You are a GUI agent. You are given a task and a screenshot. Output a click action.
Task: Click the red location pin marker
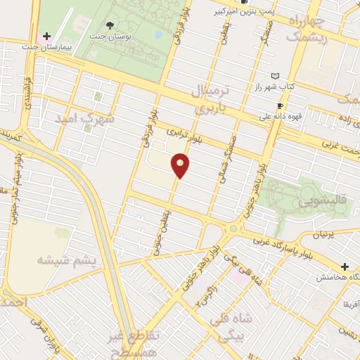pyautogui.click(x=181, y=165)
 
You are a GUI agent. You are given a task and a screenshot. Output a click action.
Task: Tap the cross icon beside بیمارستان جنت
pyautogui.click(x=47, y=36)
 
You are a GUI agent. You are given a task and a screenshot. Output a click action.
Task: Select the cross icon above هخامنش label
pyautogui.click(x=345, y=266)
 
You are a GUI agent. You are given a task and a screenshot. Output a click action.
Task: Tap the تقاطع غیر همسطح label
pyautogui.click(x=134, y=342)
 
